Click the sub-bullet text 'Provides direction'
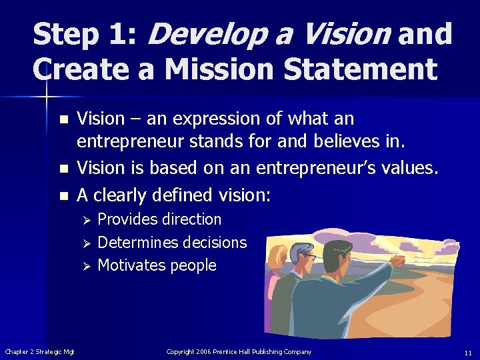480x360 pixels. [159, 219]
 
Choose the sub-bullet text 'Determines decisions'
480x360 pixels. [172, 242]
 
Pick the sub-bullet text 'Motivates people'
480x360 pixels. [157, 265]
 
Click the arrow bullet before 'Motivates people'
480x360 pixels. [83, 266]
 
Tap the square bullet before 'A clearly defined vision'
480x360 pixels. [63, 196]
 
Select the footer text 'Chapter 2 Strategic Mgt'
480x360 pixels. [39, 352]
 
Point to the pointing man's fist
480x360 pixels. [399, 261]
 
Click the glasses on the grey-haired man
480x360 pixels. [310, 257]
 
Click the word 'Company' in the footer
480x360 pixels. [297, 351]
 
